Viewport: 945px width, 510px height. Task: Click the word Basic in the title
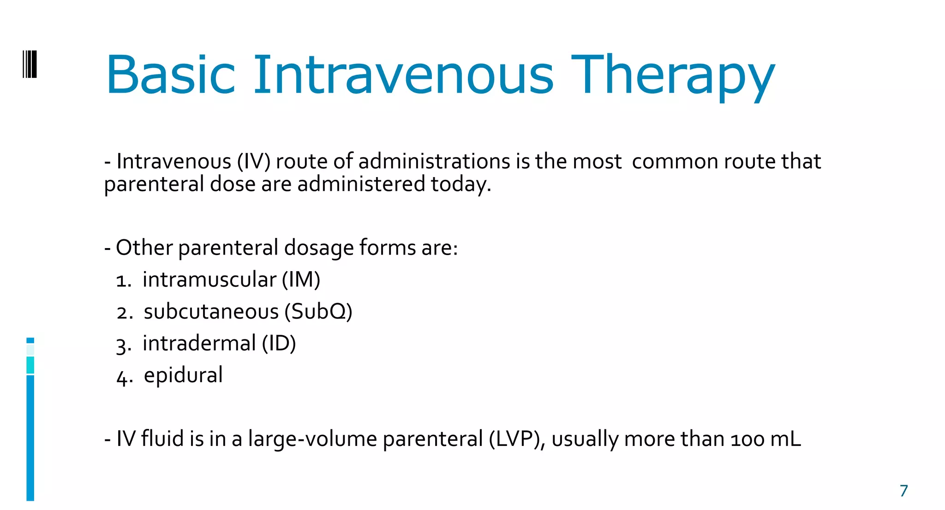pyautogui.click(x=171, y=75)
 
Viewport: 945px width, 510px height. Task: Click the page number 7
pyautogui.click(x=903, y=491)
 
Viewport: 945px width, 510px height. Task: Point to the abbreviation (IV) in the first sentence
pyautogui.click(x=254, y=162)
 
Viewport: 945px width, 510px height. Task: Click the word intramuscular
pyautogui.click(x=209, y=280)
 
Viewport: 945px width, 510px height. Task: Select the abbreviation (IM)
pyautogui.click(x=301, y=280)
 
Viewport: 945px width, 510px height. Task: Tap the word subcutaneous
pyautogui.click(x=211, y=312)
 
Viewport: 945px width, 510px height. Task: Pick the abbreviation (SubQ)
pyautogui.click(x=318, y=312)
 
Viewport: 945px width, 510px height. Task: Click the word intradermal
pyautogui.click(x=199, y=344)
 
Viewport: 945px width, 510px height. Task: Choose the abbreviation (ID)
pyautogui.click(x=279, y=344)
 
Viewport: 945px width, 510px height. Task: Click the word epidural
pyautogui.click(x=183, y=375)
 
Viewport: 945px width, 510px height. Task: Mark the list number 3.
pyautogui.click(x=122, y=345)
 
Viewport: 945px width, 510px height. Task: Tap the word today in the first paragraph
pyautogui.click(x=460, y=184)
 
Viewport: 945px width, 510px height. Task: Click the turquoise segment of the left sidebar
pyautogui.click(x=30, y=365)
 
